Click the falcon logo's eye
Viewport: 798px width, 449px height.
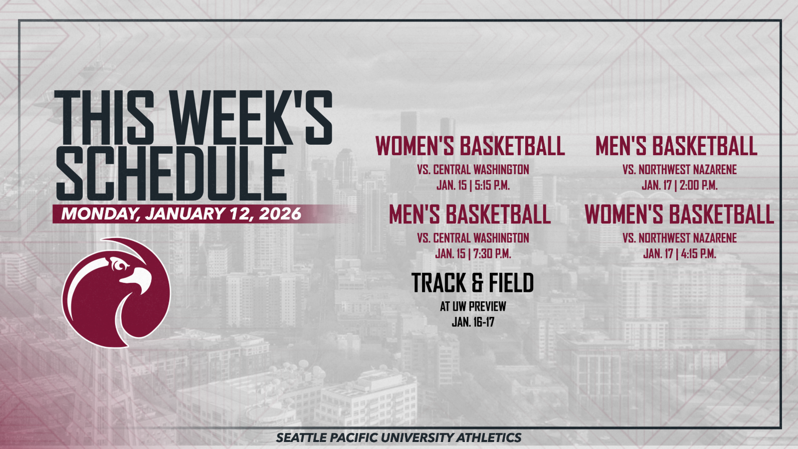click(x=120, y=265)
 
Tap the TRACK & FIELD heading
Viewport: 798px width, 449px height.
click(x=472, y=283)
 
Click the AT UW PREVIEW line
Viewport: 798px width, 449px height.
click(x=473, y=306)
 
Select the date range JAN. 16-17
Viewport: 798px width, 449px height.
click(x=473, y=322)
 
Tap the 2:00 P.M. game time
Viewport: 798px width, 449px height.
click(x=698, y=186)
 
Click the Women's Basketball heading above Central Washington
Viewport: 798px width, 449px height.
click(x=470, y=146)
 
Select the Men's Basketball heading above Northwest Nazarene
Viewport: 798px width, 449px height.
click(x=676, y=146)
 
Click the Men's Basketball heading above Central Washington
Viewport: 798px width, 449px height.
click(x=470, y=215)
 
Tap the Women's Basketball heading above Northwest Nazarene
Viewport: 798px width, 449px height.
click(x=679, y=215)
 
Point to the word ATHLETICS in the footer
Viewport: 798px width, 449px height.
click(x=489, y=438)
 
